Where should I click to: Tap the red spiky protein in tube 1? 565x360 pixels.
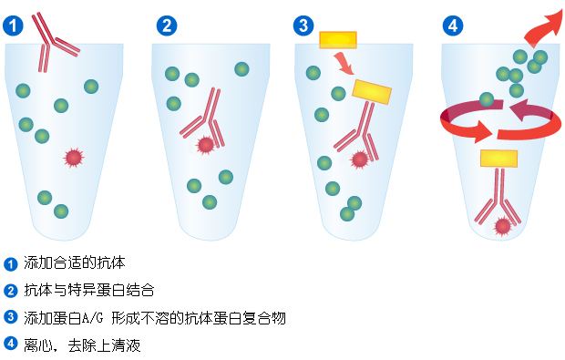pos(74,158)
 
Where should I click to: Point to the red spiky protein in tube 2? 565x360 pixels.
pos(207,143)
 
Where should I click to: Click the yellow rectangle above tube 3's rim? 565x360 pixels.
pos(337,39)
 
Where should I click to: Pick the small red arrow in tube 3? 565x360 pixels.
pos(345,64)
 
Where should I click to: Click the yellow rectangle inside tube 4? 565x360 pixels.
pos(498,158)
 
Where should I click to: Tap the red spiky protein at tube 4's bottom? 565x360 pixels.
pos(501,225)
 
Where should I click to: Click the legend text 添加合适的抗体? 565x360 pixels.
pos(75,263)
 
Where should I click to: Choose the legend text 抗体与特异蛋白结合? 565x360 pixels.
pos(88,291)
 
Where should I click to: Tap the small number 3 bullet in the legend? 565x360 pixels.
pos(11,317)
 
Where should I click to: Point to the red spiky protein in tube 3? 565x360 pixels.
pos(359,159)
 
